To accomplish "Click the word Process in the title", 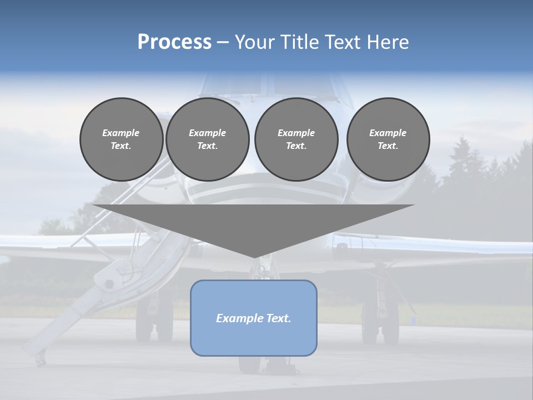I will (174, 42).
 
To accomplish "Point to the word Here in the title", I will (389, 42).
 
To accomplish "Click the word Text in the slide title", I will (345, 42).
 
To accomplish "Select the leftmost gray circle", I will (121, 139).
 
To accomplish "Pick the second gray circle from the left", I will (207, 139).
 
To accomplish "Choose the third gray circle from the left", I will (296, 139).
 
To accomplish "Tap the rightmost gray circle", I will (388, 139).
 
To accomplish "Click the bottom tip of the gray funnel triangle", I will (254, 256).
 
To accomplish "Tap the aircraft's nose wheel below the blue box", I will (250, 364).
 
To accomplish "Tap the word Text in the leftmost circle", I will (120, 146).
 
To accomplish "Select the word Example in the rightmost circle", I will (388, 133).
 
